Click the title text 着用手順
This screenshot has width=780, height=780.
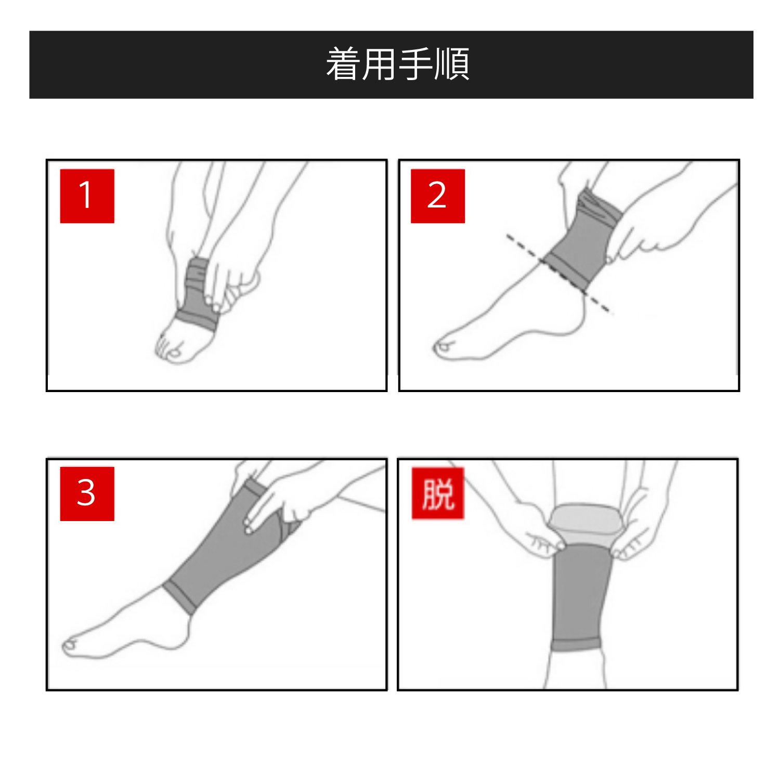coord(398,64)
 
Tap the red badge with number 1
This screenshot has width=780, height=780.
coord(87,196)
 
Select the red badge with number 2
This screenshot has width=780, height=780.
coord(438,196)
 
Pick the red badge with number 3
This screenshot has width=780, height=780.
coord(87,494)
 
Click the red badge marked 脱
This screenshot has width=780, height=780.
coord(438,493)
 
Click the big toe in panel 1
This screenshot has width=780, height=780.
coord(175,354)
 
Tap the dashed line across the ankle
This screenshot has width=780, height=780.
coord(559,274)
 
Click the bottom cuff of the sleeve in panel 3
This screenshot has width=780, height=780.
coord(179,598)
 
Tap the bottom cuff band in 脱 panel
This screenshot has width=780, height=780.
coord(576,646)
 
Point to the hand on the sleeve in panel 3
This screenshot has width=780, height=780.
coord(276,502)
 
